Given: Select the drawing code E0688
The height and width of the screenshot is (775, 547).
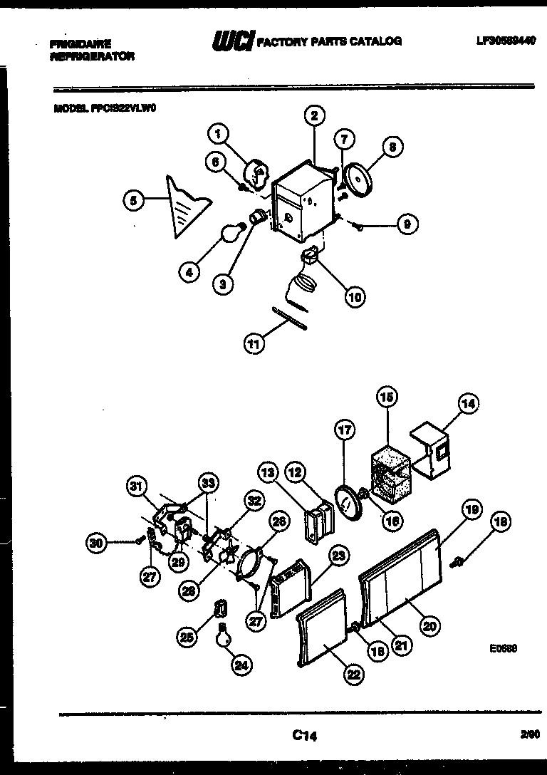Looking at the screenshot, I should (503, 649).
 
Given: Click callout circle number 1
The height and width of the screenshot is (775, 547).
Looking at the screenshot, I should (219, 132).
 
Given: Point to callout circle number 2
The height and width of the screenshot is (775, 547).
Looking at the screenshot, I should (313, 115).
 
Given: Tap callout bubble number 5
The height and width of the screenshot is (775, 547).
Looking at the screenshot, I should (132, 201).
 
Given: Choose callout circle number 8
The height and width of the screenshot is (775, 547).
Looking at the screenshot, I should (392, 147).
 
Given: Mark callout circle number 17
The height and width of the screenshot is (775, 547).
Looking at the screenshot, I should (345, 430).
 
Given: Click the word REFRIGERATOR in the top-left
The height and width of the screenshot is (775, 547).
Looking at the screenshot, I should (91, 56).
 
